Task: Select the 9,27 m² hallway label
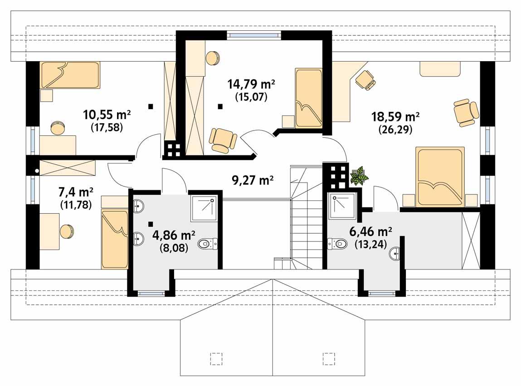coord(253,181)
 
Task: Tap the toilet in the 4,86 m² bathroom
coord(208,245)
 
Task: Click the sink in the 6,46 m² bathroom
coord(395,254)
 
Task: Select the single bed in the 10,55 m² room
coord(70,75)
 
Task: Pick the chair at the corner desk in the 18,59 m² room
coord(365,80)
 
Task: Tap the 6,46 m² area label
coord(370,232)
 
